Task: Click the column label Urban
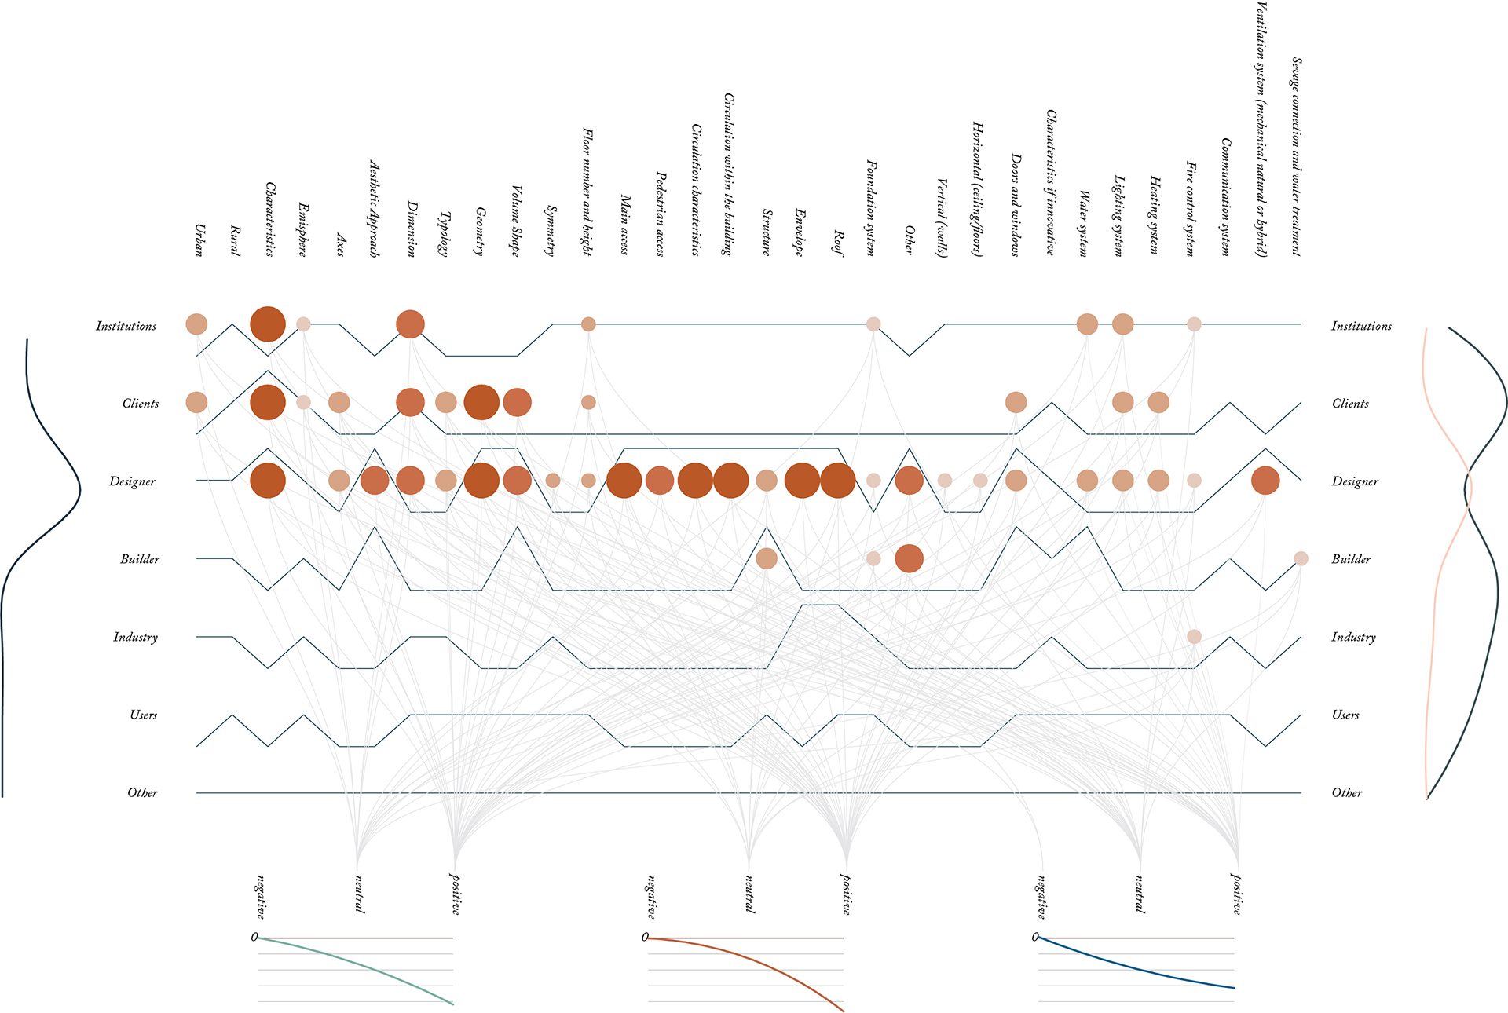(199, 240)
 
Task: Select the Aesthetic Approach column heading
(375, 208)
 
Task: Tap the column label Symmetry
(551, 230)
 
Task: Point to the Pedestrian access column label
(660, 214)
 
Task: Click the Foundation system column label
(871, 207)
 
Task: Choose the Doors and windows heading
(1015, 204)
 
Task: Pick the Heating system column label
(1155, 214)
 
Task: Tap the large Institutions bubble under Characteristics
(268, 324)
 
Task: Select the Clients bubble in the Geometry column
(481, 402)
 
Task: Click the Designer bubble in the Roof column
(837, 480)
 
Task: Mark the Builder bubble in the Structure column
(767, 558)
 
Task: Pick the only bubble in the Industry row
(1194, 636)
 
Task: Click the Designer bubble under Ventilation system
(1265, 480)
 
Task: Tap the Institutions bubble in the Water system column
(1087, 324)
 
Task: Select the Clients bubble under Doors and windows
(1016, 402)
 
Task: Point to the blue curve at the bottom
(1139, 968)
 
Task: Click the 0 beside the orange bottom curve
(645, 937)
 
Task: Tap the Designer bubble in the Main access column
(624, 480)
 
